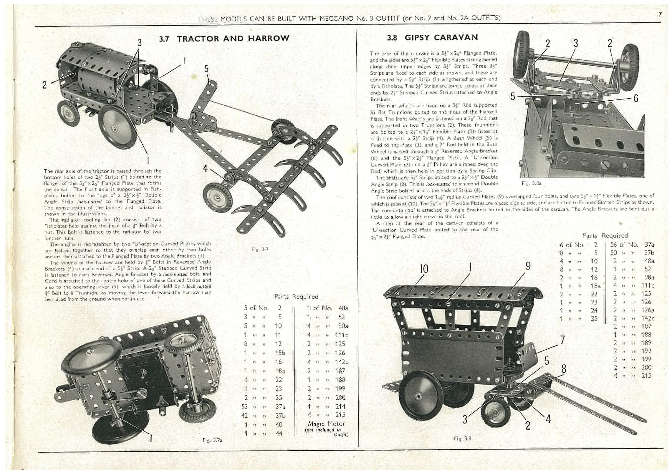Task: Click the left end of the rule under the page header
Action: [35, 26]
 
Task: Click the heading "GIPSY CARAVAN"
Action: [441, 37]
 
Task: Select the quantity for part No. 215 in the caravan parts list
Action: [615, 376]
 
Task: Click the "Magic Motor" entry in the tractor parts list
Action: [327, 424]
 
